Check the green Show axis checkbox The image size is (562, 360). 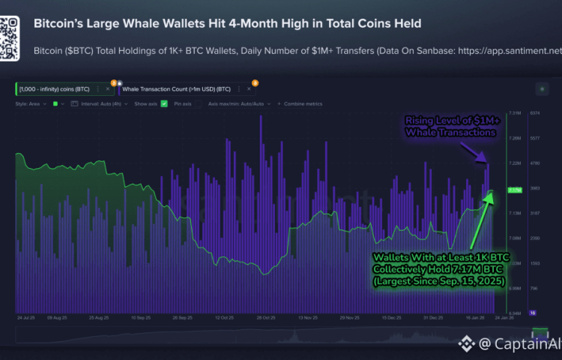(x=164, y=103)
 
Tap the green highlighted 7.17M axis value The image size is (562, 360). (x=515, y=190)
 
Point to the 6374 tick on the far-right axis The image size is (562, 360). (x=535, y=113)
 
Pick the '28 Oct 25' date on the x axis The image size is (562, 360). (x=267, y=318)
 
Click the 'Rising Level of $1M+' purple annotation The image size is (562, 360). (x=448, y=121)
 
